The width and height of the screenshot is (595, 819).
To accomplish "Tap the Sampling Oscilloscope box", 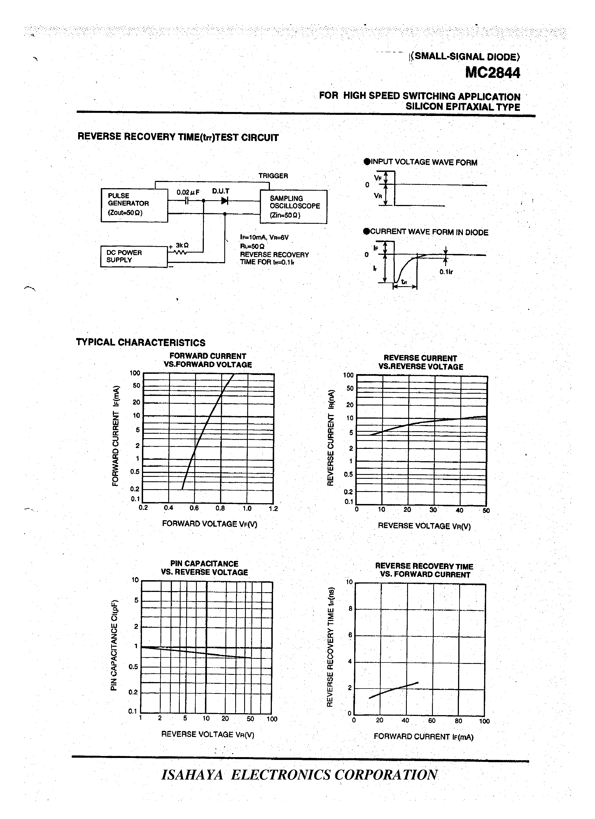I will click(293, 207).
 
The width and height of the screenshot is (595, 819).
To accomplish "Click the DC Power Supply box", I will click(134, 256).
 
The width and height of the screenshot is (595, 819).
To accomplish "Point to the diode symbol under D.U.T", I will click(225, 201).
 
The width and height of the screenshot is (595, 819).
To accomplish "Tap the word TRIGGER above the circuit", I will click(273, 176).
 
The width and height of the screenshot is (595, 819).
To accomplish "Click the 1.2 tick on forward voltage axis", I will click(273, 509).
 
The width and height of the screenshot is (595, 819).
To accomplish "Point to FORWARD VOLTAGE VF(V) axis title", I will click(209, 524).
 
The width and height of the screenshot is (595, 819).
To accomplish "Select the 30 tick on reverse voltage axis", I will click(433, 510).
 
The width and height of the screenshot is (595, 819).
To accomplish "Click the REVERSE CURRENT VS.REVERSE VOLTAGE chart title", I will click(421, 363).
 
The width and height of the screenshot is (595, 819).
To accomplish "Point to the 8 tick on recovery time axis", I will click(350, 609).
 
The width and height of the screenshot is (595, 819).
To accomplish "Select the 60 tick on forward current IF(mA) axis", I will click(432, 721).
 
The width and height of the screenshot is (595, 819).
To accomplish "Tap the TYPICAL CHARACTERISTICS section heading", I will click(141, 342).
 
